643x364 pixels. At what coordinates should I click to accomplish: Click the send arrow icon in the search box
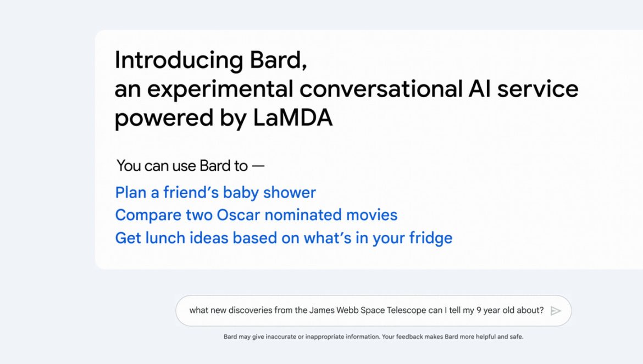click(556, 311)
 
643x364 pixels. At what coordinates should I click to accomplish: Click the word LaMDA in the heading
click(292, 118)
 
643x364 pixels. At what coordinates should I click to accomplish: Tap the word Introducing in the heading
click(179, 60)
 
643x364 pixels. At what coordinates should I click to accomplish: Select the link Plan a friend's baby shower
click(215, 193)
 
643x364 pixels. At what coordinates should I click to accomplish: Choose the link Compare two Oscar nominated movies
click(256, 215)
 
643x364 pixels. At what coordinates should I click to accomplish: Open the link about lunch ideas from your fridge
click(284, 238)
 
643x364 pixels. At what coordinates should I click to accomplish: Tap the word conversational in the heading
click(381, 89)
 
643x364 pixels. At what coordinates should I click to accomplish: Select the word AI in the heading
click(479, 89)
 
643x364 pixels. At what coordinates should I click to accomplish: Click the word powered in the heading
click(164, 119)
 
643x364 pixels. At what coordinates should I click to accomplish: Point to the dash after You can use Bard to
click(258, 166)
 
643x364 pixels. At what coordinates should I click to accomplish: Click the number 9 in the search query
click(479, 310)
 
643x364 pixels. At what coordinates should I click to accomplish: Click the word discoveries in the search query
click(250, 310)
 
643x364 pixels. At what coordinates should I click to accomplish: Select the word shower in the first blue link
click(290, 193)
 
